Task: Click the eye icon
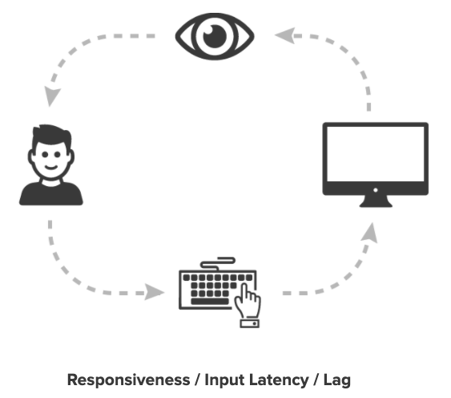pos(215,36)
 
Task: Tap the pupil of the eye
pos(215,36)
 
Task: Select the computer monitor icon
pos(376,164)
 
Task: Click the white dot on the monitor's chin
pos(376,190)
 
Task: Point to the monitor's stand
pos(376,201)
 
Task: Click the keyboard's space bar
pos(210,302)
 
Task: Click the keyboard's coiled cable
pos(218,263)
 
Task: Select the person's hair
pos(52,136)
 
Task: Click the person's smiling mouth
pos(51,168)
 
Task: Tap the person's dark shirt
pos(51,193)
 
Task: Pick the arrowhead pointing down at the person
pos(52,96)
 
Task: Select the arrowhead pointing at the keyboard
pos(154,292)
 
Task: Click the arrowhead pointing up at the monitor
pos(370,232)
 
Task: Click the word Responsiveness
pos(128,380)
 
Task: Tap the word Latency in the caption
pos(279,380)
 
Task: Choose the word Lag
pos(337,380)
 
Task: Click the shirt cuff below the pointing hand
pos(250,323)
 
